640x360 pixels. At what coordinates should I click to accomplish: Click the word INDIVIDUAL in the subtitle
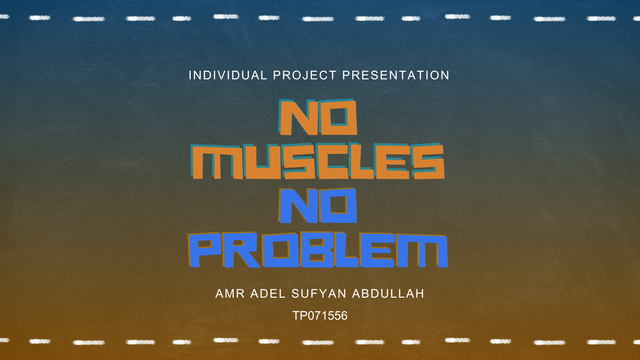point(228,75)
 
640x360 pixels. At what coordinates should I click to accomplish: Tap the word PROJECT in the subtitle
point(305,75)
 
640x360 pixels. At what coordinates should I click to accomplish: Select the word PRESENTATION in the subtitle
point(396,75)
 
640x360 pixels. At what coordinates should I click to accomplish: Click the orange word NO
point(318,117)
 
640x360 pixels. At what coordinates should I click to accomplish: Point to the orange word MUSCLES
point(318,161)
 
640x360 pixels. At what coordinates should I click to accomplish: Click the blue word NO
point(318,205)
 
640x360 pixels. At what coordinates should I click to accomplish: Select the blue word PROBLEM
point(318,250)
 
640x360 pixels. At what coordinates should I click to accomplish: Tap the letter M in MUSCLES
point(217,162)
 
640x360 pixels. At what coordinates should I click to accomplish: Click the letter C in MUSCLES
point(333,161)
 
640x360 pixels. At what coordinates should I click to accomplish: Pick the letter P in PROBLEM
point(205,250)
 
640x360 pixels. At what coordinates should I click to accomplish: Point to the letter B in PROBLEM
point(317,250)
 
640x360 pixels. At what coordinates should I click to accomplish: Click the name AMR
point(230,294)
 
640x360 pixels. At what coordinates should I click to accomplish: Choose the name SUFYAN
point(319,294)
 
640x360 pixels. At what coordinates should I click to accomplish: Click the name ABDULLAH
point(388,294)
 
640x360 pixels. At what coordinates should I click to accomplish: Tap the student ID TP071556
point(320,316)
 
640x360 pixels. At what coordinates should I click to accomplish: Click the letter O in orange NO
point(338,117)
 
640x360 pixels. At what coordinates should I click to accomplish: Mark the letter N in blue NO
point(298,206)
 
